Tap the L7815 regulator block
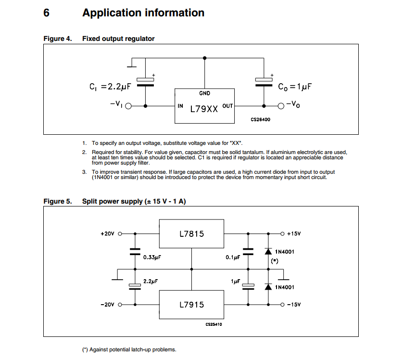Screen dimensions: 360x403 [191, 234]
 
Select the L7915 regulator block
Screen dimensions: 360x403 [191, 305]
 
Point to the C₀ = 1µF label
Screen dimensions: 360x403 [295, 87]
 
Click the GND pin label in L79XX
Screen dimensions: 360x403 [204, 93]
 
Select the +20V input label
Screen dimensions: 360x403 [107, 234]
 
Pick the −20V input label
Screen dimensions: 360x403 [107, 305]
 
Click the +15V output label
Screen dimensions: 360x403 [293, 234]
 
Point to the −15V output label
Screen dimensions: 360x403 [293, 305]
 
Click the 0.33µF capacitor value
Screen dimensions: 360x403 [152, 257]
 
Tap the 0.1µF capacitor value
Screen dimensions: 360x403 [232, 257]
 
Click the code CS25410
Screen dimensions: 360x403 [214, 324]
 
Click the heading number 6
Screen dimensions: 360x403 [46, 13]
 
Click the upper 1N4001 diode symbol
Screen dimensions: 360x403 [268, 251]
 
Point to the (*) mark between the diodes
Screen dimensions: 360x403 [275, 261]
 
